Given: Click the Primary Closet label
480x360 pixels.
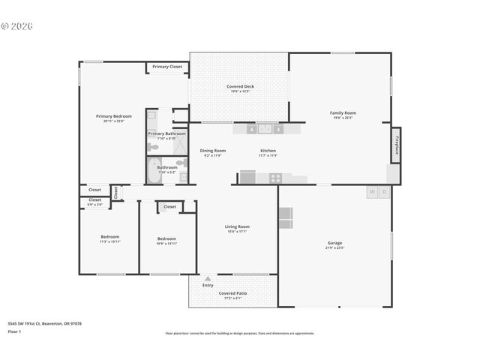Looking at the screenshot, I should tap(166, 67).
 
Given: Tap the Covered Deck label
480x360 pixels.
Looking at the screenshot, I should tap(240, 86).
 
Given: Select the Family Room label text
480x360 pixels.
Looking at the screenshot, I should tap(343, 112).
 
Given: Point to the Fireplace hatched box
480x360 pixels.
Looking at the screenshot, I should tap(395, 144).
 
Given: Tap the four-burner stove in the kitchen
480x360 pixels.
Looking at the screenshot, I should tap(275, 178).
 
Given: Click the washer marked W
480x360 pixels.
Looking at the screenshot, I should tap(371, 192).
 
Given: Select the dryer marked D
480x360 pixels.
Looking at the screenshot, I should tap(384, 192).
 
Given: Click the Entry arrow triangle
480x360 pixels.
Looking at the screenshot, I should tap(208, 278).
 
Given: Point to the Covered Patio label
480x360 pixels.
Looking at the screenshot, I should tap(232, 293).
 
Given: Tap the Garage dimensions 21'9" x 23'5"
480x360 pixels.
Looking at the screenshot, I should tap(334, 247).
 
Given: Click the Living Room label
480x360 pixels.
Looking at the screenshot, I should tap(237, 226).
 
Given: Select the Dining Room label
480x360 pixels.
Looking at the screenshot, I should tap(213, 151).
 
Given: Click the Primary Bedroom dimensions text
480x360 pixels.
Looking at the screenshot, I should tap(113, 121).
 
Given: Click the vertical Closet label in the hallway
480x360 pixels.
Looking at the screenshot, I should tap(116, 192).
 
